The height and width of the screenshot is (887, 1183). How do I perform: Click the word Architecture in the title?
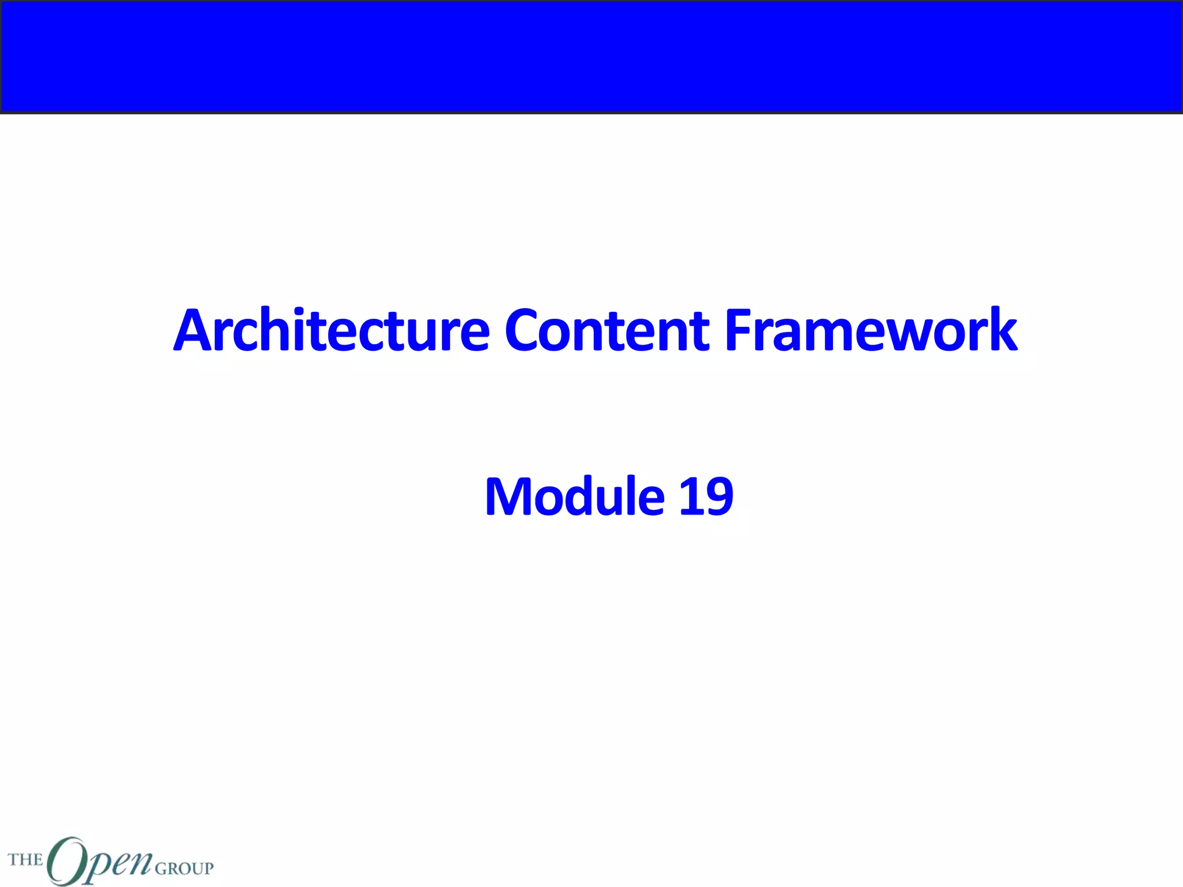pyautogui.click(x=332, y=330)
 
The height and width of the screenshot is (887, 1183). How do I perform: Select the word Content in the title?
pyautogui.click(x=607, y=330)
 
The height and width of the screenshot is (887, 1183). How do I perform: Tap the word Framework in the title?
pyautogui.click(x=870, y=330)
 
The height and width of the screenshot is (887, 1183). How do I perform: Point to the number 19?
pyautogui.click(x=706, y=497)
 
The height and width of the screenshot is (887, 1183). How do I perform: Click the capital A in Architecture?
pyautogui.click(x=194, y=330)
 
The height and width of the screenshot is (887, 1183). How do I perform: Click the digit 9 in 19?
pyautogui.click(x=720, y=497)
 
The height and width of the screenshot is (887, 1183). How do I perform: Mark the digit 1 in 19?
pyautogui.click(x=690, y=497)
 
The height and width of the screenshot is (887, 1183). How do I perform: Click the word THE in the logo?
pyautogui.click(x=25, y=860)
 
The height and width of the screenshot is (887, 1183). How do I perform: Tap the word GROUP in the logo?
pyautogui.click(x=184, y=868)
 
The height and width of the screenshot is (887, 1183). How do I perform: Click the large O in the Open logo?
pyautogui.click(x=66, y=860)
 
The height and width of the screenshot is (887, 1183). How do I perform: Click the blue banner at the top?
pyautogui.click(x=591, y=56)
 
